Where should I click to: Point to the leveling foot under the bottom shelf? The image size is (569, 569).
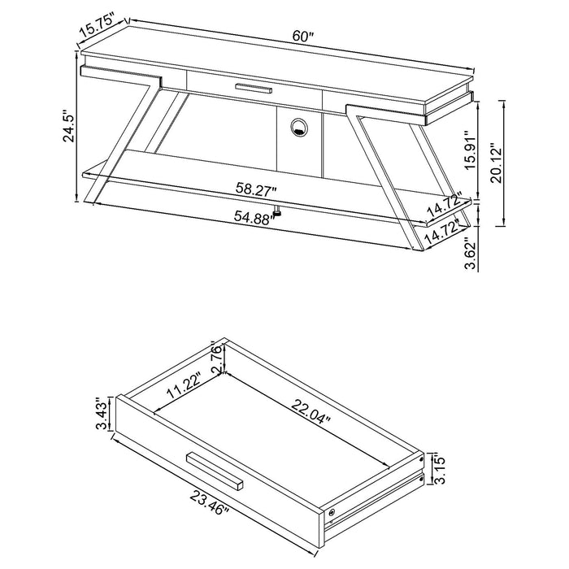[x=277, y=214]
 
